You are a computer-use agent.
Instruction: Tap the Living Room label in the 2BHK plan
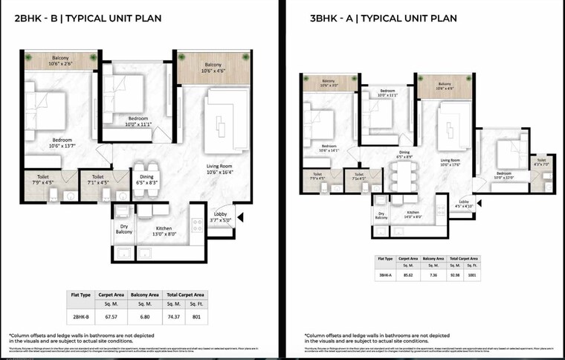[x=220, y=168]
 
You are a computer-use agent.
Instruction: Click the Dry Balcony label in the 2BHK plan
[x=124, y=229]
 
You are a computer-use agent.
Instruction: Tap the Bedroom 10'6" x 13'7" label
[x=62, y=143]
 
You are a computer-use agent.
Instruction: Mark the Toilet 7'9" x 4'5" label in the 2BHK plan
[x=42, y=179]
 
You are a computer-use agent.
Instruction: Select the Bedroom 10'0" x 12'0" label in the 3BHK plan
[x=503, y=176]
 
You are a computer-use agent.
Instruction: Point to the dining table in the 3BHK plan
[x=403, y=178]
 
